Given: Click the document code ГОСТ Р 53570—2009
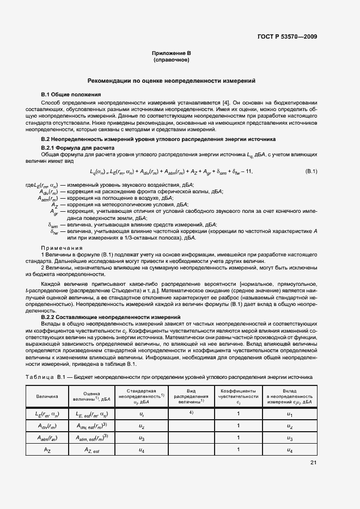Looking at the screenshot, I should pos(287,36).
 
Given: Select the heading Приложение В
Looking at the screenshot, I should pos(171,53).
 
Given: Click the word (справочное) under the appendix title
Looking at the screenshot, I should pos(171,59).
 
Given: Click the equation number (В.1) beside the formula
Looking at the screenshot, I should pos(311,172).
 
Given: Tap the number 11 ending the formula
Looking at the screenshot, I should pos(249,172).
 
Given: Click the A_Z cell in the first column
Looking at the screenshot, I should pos(47,450).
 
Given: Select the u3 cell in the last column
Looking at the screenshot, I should pos(290,438).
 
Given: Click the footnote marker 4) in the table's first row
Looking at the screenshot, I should pos(191,413).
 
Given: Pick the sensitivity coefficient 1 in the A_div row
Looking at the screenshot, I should pos(238,426).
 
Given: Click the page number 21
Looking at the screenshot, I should pos(313,463).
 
